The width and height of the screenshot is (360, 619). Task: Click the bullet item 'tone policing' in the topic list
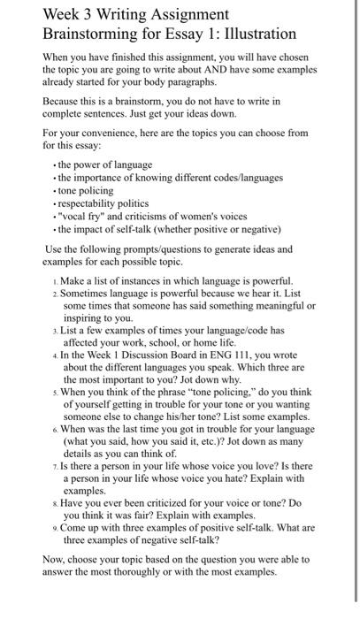89,190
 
